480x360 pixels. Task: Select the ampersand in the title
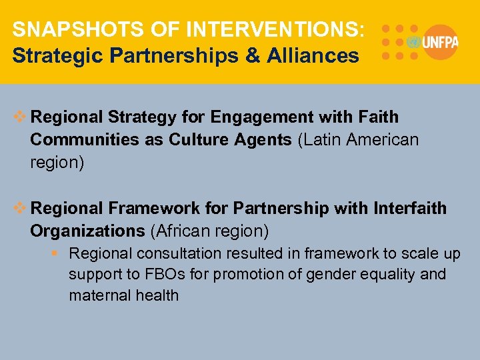[252, 55]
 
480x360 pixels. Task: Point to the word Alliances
[313, 55]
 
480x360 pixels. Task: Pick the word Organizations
[87, 231]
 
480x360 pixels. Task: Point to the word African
[185, 231]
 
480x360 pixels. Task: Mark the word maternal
[97, 295]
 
